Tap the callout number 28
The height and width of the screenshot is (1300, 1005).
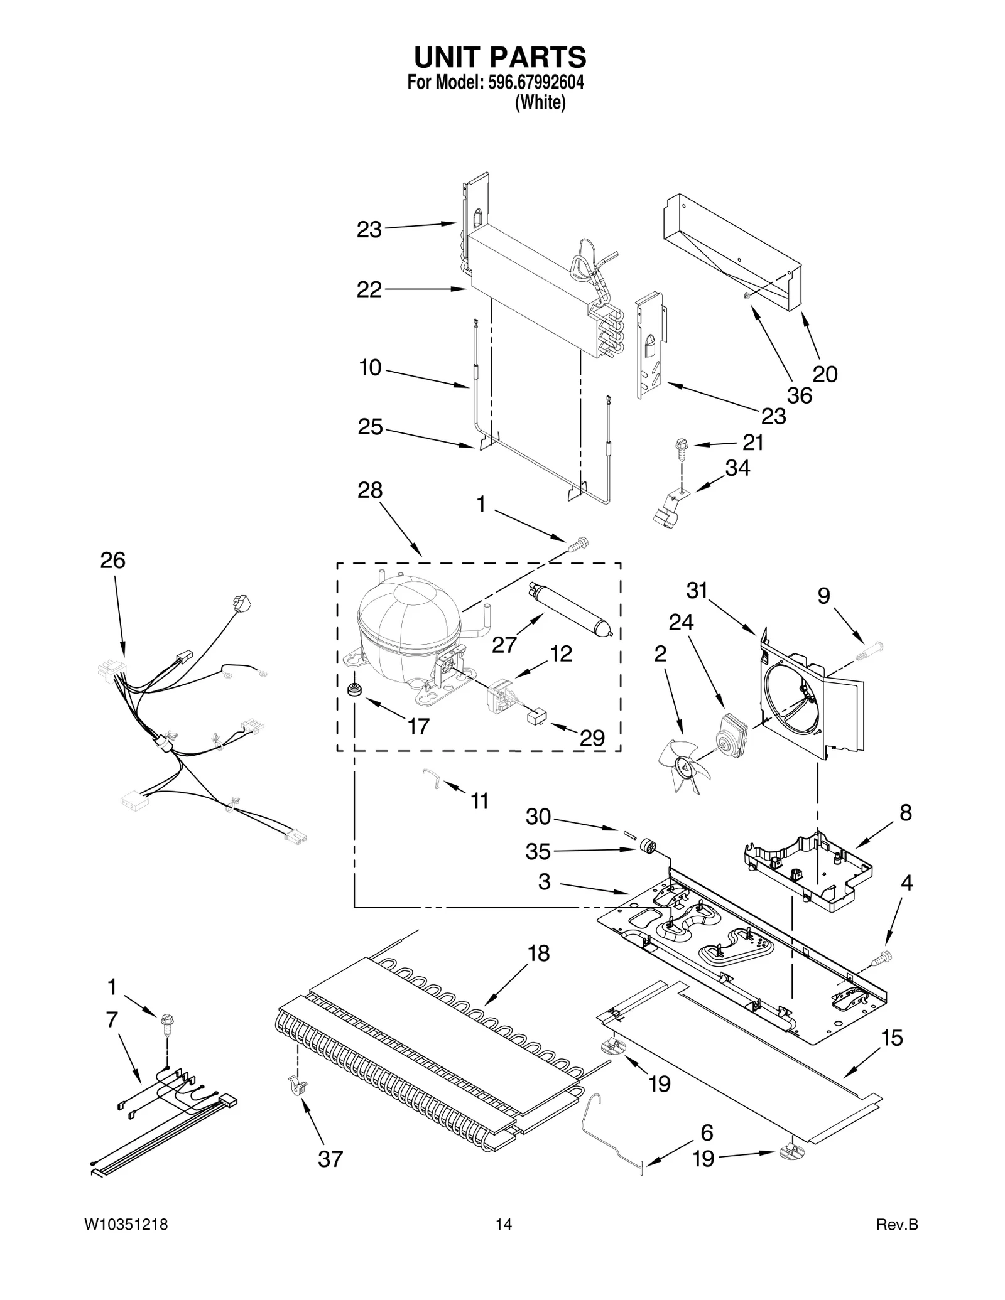370,490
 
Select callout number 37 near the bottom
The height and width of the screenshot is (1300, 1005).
330,1159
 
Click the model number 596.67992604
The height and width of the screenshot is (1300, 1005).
536,82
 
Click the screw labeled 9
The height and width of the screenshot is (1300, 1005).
869,651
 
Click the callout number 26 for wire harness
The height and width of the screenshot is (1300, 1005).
113,561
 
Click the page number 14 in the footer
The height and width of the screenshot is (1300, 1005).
503,1225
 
